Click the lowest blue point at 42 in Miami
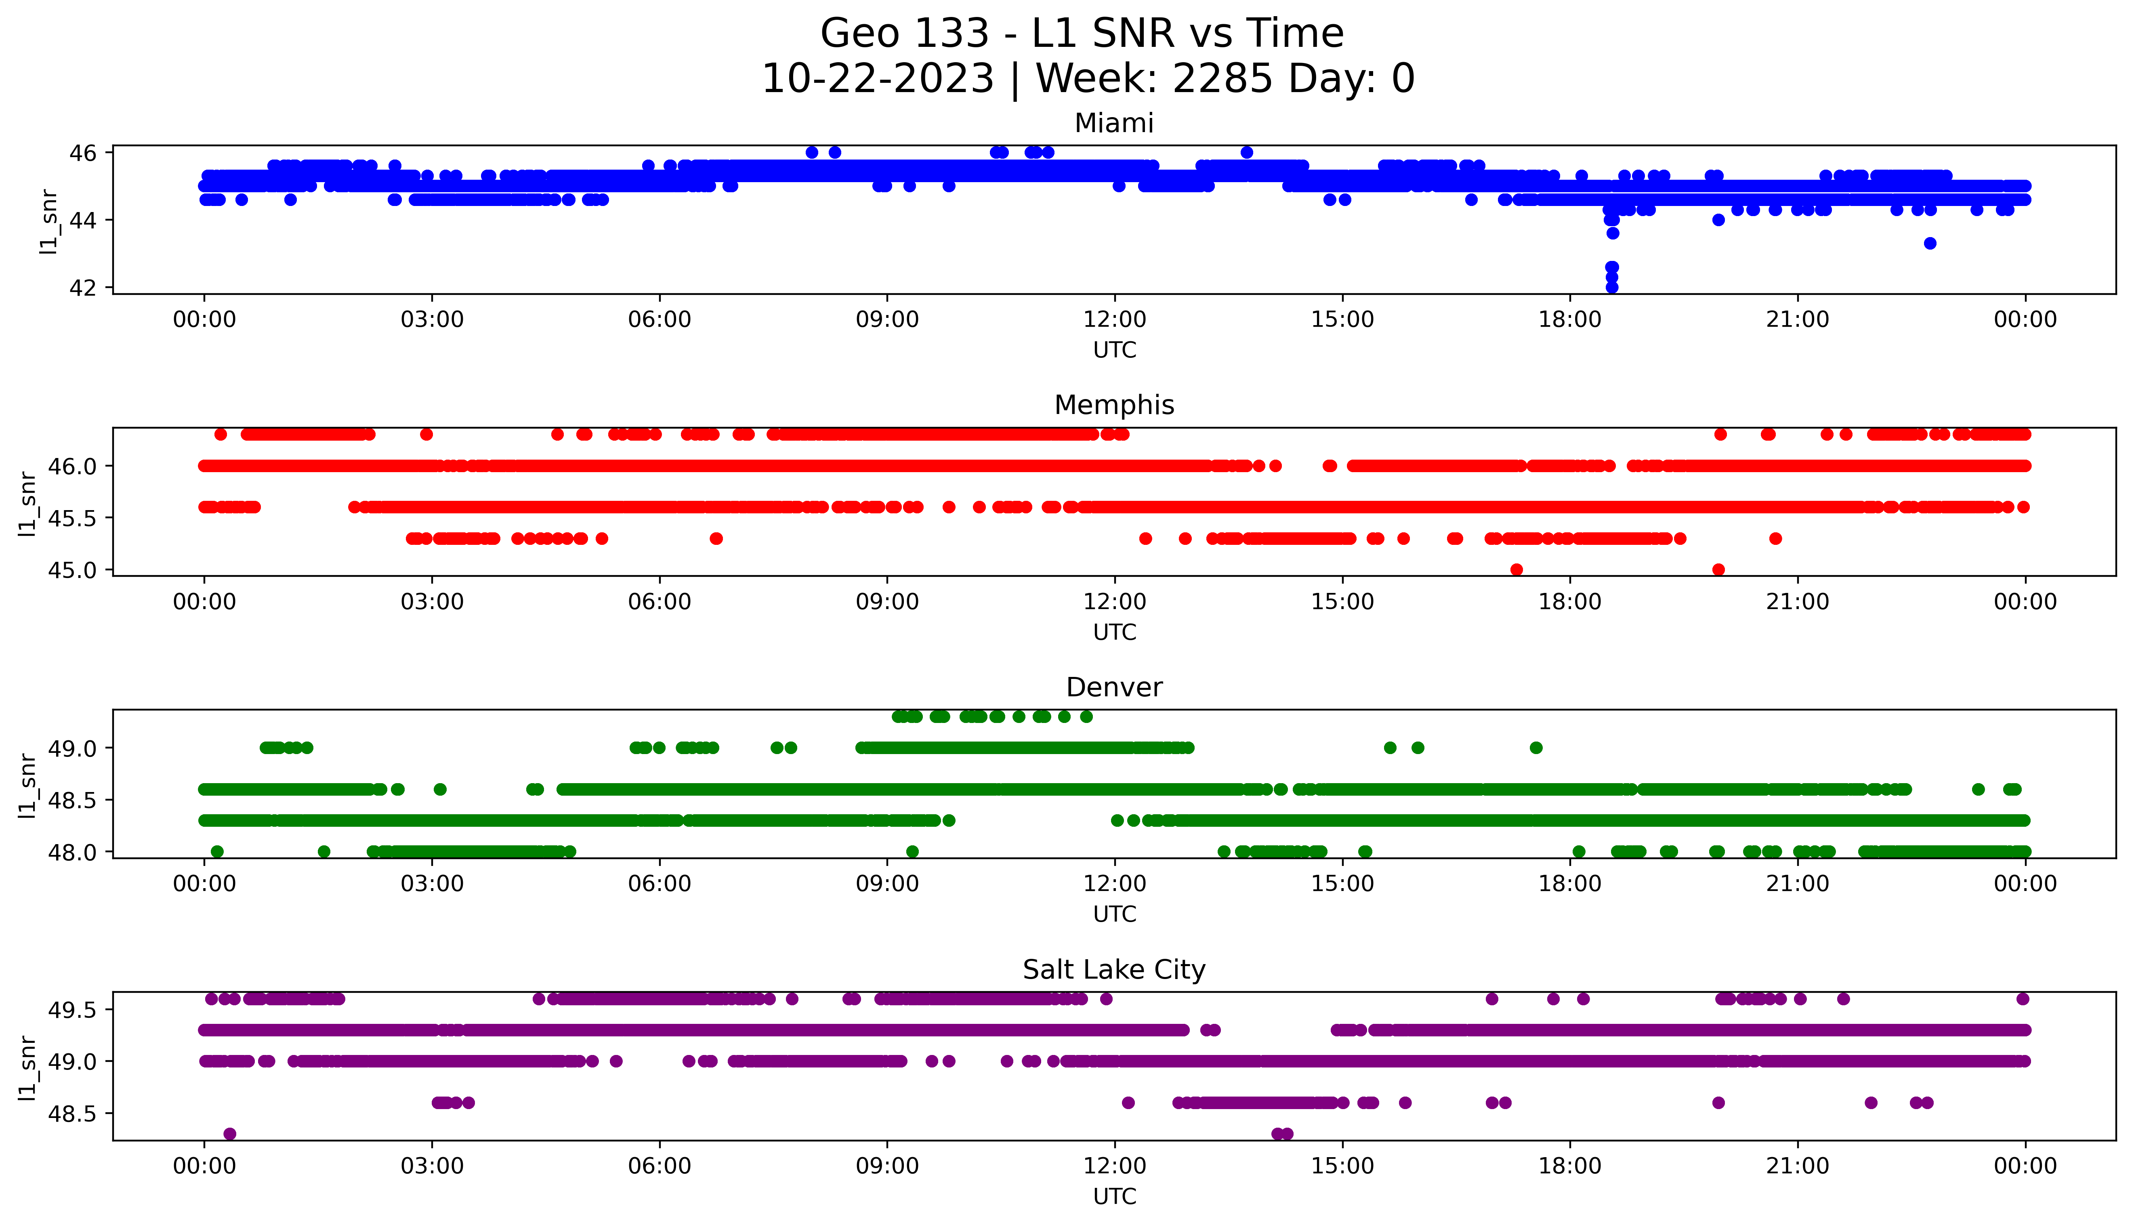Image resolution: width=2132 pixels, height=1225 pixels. point(1611,287)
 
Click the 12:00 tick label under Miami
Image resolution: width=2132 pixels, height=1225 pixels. point(1114,320)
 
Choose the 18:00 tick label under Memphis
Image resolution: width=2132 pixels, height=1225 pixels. point(1570,601)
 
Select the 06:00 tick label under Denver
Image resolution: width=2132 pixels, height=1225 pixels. point(660,883)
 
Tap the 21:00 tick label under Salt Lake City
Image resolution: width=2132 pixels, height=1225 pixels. point(1797,1166)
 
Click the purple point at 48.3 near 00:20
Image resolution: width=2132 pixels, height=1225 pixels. point(230,1133)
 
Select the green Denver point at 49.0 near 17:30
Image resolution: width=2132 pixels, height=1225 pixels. point(1536,747)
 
